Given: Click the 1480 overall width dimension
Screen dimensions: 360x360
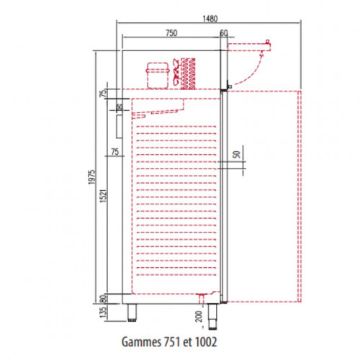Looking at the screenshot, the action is (210, 19).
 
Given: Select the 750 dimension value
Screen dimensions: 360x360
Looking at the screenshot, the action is (171, 33).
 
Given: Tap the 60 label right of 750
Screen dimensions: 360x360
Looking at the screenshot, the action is (224, 33).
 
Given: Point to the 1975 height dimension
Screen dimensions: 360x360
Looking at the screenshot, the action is (92, 177).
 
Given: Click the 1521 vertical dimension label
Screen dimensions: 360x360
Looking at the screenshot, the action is (103, 196).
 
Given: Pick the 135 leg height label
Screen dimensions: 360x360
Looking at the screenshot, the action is (103, 312).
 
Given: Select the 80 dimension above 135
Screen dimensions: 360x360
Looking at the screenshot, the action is (103, 299).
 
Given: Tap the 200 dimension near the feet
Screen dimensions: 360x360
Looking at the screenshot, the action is (199, 316).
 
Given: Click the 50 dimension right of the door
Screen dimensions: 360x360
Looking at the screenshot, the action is (237, 155).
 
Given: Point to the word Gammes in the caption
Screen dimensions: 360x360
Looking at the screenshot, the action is (141, 342).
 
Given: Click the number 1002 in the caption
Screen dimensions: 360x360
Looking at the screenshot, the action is (206, 341).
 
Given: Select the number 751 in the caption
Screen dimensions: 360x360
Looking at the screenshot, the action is (172, 341).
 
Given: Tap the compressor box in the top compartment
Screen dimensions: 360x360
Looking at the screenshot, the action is (158, 76).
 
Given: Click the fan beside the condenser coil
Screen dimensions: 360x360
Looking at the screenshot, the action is (176, 71).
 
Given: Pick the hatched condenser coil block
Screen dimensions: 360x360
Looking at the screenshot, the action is (188, 73).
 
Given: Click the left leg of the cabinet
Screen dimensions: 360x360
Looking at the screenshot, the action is (132, 312).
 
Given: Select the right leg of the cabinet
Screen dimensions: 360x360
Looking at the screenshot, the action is (212, 317).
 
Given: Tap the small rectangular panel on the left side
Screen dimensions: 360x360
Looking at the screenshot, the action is (119, 127).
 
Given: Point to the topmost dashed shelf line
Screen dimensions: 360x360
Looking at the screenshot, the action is (176, 127).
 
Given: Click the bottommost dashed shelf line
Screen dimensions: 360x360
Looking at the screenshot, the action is (176, 275).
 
